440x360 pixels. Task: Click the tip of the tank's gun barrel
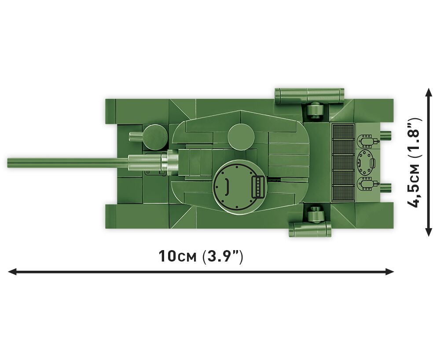[8, 163]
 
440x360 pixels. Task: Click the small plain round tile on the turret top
[241, 137]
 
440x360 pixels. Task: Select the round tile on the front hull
[156, 137]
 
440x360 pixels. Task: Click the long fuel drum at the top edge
[309, 96]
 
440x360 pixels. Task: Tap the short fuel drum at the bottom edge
[310, 229]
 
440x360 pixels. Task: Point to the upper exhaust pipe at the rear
[386, 135]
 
